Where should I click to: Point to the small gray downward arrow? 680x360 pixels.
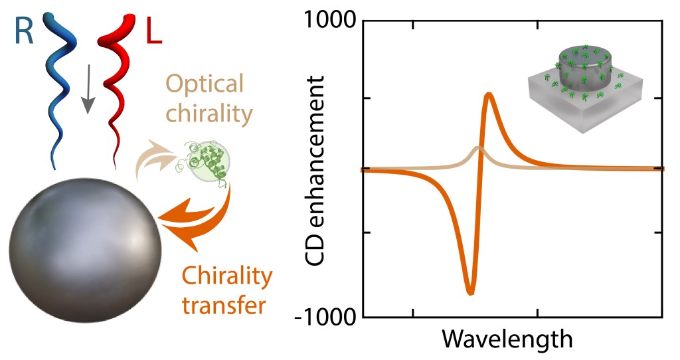coord(88,94)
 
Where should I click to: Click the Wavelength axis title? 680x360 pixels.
coord(507,339)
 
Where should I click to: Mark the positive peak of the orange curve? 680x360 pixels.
coord(489,95)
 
